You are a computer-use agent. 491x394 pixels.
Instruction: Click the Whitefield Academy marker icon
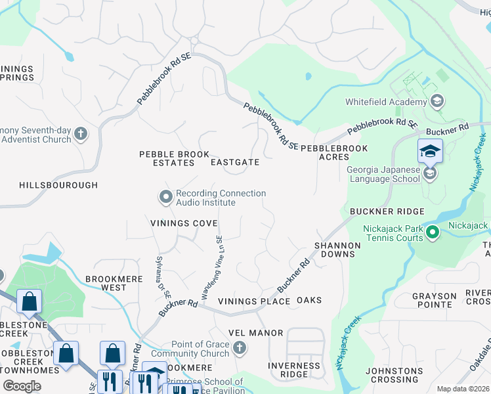point(437,102)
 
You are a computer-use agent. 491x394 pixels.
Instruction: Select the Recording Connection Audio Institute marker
point(165,196)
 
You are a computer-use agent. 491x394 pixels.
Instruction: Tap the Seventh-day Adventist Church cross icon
point(81,134)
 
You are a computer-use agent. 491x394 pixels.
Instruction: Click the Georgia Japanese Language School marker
point(429,173)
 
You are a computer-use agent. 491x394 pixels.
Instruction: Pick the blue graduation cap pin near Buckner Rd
point(430,152)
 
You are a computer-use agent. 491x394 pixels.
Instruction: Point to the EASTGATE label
point(235,162)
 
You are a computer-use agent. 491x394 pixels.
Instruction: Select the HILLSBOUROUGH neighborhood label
point(58,186)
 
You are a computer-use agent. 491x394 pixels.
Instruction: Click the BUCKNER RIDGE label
point(387,211)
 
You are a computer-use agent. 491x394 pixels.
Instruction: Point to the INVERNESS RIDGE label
point(294,370)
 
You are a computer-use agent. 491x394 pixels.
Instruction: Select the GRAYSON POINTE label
point(435,301)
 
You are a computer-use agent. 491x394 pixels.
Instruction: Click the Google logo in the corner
point(22,386)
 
